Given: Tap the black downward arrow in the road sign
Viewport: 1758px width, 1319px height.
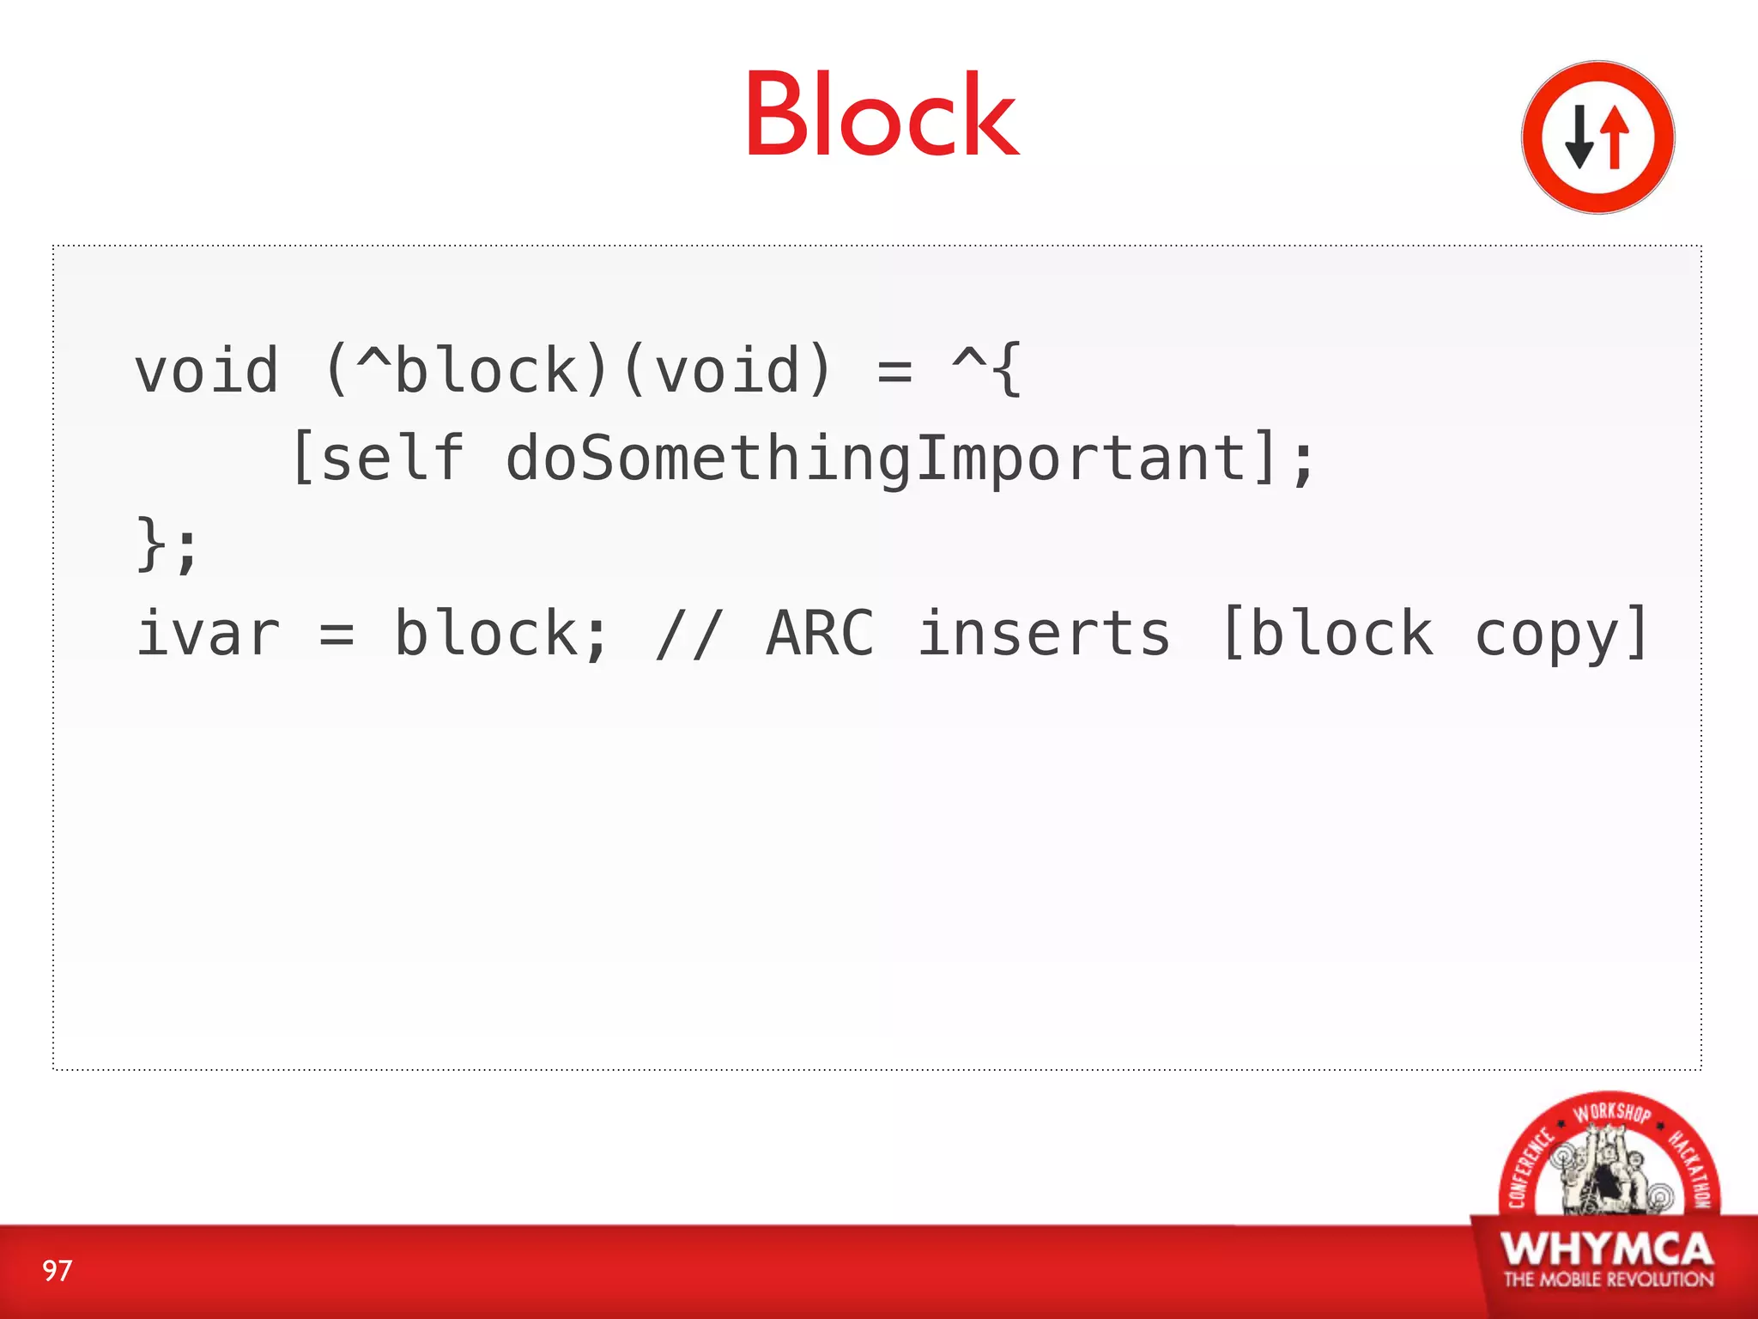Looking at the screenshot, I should pyautogui.click(x=1579, y=137).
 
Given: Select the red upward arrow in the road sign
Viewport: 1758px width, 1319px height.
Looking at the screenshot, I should pyautogui.click(x=1615, y=137).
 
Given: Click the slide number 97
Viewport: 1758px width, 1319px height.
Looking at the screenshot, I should pyautogui.click(x=58, y=1271).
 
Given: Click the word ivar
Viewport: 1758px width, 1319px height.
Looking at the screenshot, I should pyautogui.click(x=208, y=634).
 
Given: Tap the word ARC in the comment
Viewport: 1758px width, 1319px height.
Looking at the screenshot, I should pyautogui.click(x=820, y=634).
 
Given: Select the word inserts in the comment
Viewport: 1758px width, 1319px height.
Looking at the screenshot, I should pyautogui.click(x=1044, y=634).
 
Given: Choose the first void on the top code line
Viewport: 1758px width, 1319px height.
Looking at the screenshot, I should pyautogui.click(x=207, y=371).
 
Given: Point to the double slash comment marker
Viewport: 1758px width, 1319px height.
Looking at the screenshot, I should pyautogui.click(x=689, y=634).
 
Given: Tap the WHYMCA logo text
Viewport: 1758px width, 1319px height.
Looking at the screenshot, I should pyautogui.click(x=1607, y=1249).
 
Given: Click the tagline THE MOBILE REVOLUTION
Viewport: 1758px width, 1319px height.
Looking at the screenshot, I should pyautogui.click(x=1608, y=1279).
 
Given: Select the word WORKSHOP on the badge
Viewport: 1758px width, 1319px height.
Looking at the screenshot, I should pyautogui.click(x=1611, y=1113).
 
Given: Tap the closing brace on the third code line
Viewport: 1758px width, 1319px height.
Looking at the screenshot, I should pyautogui.click(x=151, y=545).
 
